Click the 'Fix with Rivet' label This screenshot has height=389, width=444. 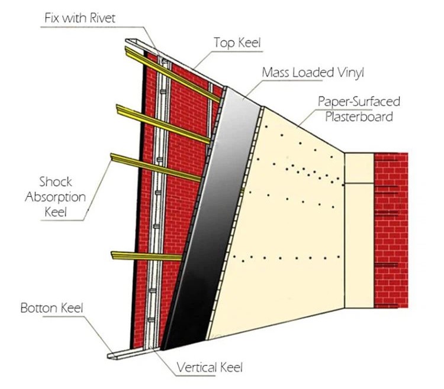click(80, 18)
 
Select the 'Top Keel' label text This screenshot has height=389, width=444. click(237, 43)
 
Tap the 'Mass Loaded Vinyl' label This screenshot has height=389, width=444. click(313, 73)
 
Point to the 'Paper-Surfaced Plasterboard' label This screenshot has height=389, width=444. click(359, 109)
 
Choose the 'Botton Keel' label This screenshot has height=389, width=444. click(52, 308)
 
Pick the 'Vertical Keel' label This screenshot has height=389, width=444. click(210, 367)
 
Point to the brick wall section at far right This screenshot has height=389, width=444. click(391, 231)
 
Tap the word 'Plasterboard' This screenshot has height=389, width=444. click(359, 116)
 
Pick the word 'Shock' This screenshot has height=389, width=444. click(55, 181)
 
